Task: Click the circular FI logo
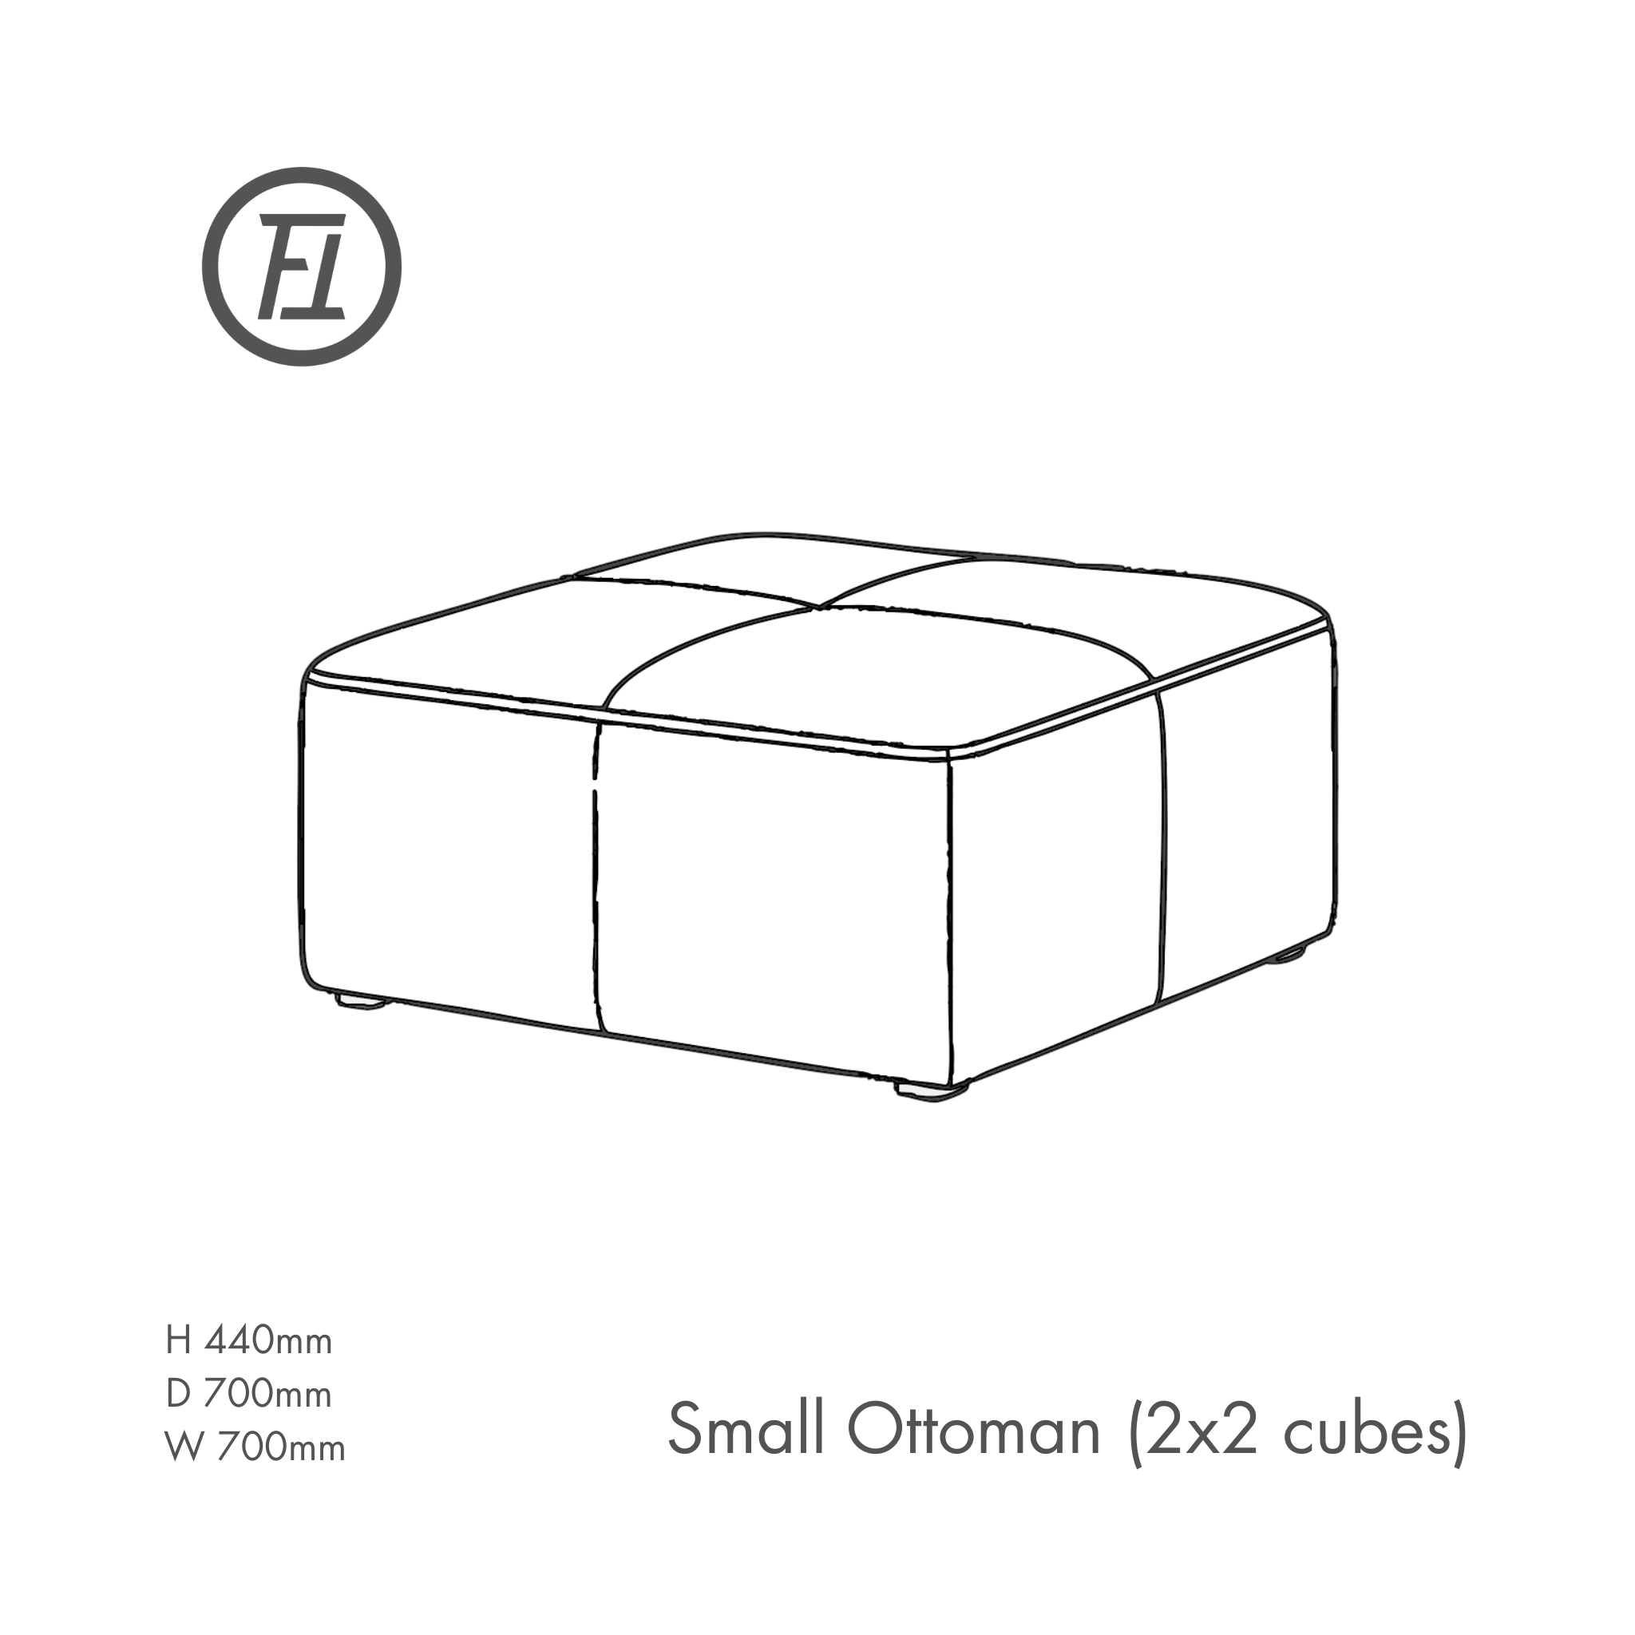(x=301, y=267)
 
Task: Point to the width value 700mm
(x=281, y=1447)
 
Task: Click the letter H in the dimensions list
(x=179, y=1341)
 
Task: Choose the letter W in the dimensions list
(x=184, y=1447)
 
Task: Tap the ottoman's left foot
(x=363, y=1001)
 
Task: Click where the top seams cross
(x=817, y=606)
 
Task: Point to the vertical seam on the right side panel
(x=1162, y=846)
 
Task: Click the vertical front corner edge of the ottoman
(x=950, y=914)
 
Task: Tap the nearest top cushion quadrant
(x=880, y=677)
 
